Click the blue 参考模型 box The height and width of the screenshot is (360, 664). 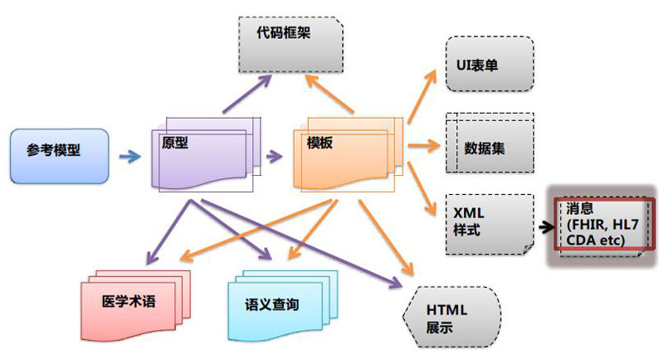click(x=59, y=155)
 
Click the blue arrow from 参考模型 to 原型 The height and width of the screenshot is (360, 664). click(x=129, y=154)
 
